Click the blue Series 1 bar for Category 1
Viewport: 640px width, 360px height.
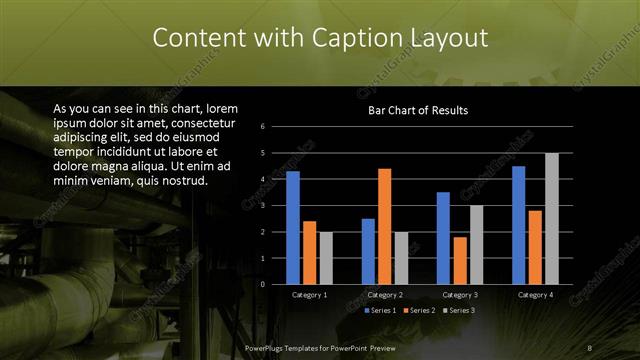(x=293, y=228)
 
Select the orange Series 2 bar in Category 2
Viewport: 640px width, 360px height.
(x=384, y=226)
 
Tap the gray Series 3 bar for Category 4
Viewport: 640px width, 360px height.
(x=551, y=218)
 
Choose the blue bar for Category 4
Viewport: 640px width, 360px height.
(x=519, y=225)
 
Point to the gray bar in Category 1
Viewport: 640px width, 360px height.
(x=326, y=258)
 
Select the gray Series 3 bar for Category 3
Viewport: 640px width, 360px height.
(x=476, y=244)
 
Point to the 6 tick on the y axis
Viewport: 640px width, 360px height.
(x=261, y=127)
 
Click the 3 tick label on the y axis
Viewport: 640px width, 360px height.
(x=261, y=206)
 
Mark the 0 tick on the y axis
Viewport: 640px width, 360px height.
(x=261, y=284)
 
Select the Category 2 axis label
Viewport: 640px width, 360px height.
(x=385, y=296)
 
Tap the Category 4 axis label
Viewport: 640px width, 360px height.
(x=535, y=296)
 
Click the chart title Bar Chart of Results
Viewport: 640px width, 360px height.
(x=418, y=110)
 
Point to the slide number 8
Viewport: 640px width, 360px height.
(x=590, y=347)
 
